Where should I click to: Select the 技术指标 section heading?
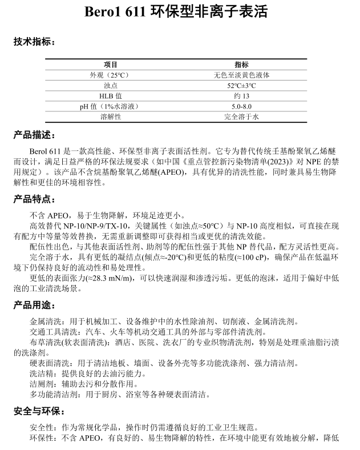pyautogui.click(x=34, y=42)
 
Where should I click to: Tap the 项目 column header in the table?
pyautogui.click(x=111, y=65)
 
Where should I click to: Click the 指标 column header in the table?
pyautogui.click(x=241, y=65)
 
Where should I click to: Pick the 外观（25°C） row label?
pyautogui.click(x=111, y=75)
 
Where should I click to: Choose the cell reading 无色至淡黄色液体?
pyautogui.click(x=241, y=75)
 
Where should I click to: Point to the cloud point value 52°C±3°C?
pyautogui.click(x=241, y=86)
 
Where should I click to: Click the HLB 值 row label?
pyautogui.click(x=111, y=96)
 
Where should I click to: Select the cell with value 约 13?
pyautogui.click(x=241, y=96)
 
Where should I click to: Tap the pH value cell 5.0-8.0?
pyautogui.click(x=241, y=106)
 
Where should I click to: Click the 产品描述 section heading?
pyautogui.click(x=34, y=135)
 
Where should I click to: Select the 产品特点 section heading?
pyautogui.click(x=34, y=200)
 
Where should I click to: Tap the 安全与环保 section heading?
pyautogui.click(x=39, y=411)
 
